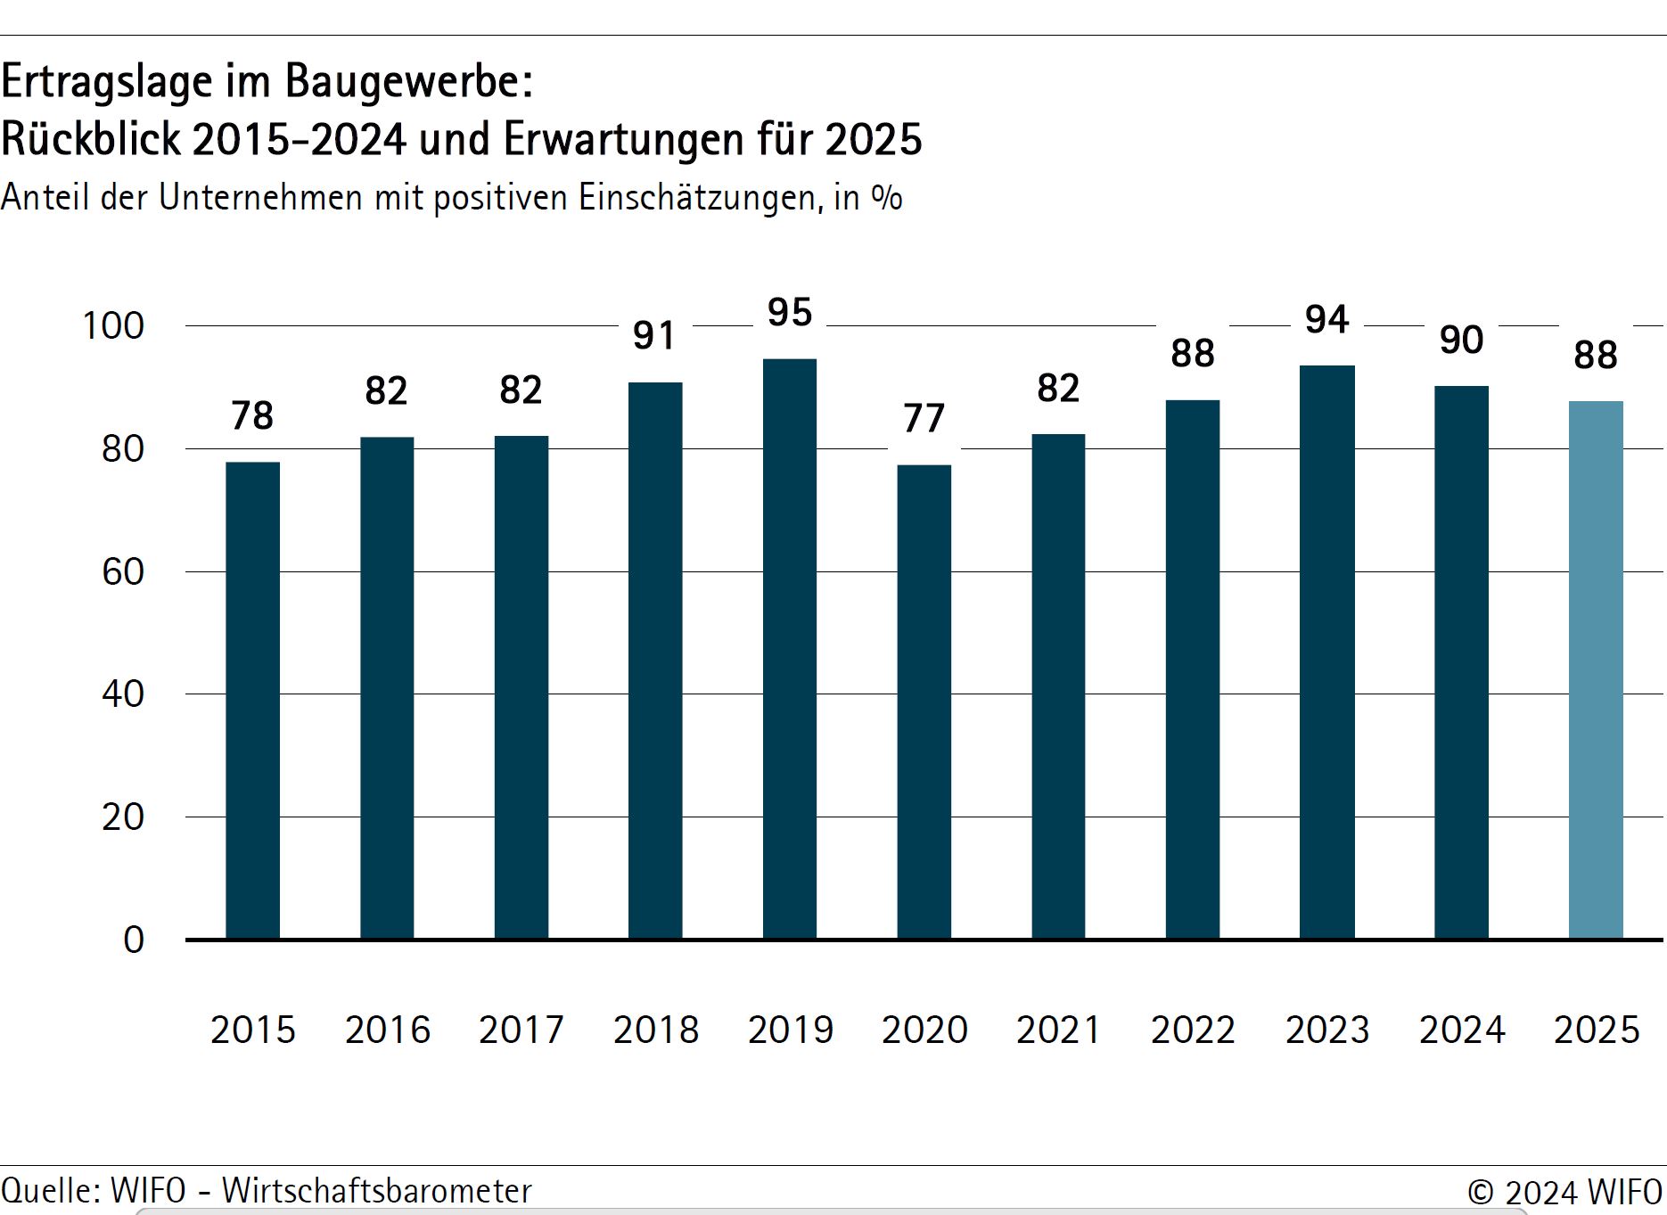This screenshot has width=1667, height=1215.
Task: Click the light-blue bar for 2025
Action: coord(1596,669)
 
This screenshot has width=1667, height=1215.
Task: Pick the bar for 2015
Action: coord(252,700)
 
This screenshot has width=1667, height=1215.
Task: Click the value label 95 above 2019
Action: coord(790,313)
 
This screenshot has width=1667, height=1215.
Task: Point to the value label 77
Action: coord(924,419)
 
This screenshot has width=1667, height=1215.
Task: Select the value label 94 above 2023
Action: coord(1326,320)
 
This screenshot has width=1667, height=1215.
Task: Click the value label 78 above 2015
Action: coord(252,416)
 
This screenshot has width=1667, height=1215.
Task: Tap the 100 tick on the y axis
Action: coord(113,326)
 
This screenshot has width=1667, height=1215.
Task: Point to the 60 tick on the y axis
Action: coord(123,572)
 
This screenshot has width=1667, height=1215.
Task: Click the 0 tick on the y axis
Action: coord(134,940)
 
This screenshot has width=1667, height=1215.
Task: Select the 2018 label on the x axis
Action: coord(656,1030)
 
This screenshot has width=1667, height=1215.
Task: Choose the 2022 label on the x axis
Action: coord(1193,1030)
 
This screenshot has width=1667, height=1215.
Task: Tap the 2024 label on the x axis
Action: coord(1462,1030)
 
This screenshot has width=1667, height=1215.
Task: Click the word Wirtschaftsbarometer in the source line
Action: coord(377,1191)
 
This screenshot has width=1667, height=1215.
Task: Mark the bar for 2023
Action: coord(1326,652)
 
